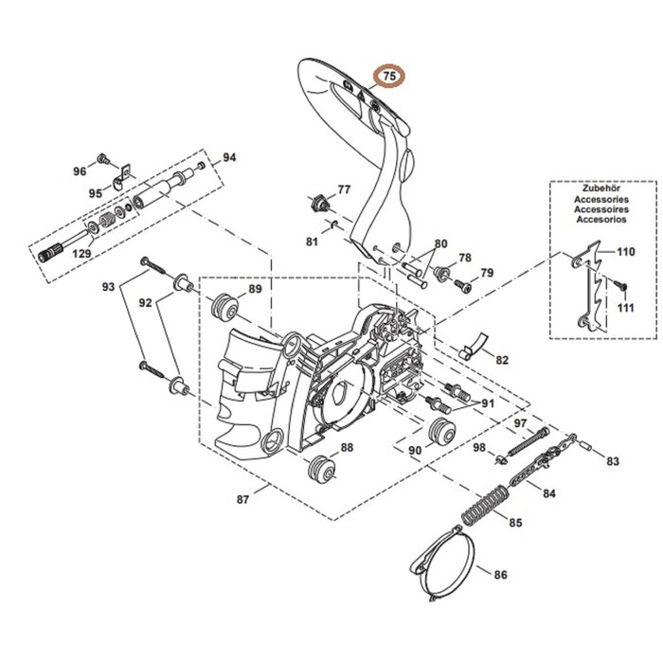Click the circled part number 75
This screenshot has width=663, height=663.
[x=389, y=76]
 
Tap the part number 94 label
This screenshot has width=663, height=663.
[x=229, y=157]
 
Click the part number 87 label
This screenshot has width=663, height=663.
[x=242, y=499]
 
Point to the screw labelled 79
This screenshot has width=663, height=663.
[x=463, y=284]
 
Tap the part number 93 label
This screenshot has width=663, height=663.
[x=109, y=286]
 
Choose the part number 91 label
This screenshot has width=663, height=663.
[x=488, y=403]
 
